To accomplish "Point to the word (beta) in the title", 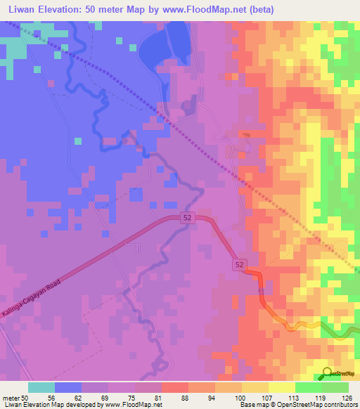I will (258, 9).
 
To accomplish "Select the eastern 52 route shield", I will (240, 264).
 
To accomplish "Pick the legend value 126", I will (347, 398).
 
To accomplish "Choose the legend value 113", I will (294, 398).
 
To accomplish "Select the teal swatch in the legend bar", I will (41, 387).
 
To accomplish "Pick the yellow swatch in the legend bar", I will (281, 387).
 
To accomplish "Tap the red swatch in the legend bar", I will (174, 387).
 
